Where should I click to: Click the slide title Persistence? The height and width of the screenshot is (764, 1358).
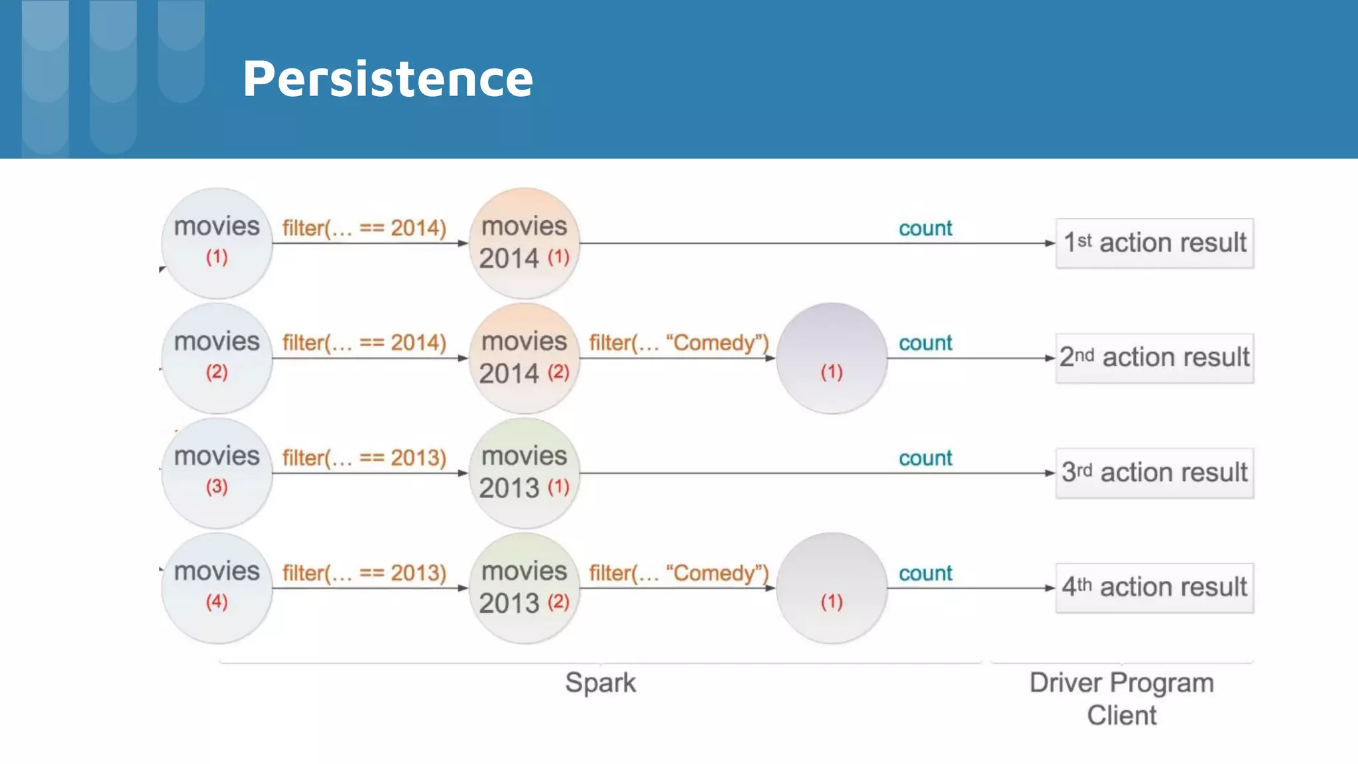point(388,79)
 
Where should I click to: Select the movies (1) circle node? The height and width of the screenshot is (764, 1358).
point(217,243)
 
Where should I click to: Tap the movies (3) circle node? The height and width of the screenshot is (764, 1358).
point(217,473)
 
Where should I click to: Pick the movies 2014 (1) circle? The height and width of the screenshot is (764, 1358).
point(524,243)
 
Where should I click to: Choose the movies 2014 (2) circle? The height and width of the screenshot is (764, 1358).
point(524,358)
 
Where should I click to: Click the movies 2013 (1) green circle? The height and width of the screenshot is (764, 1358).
point(524,473)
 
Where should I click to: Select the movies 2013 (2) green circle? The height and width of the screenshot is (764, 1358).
point(524,588)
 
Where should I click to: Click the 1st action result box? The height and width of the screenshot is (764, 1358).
point(1154,243)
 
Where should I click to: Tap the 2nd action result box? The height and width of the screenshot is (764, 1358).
point(1154,358)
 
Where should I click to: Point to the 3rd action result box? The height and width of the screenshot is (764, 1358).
point(1154,473)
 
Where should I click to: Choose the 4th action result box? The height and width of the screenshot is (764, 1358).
point(1154,588)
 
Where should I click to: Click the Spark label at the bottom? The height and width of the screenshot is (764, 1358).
point(600,682)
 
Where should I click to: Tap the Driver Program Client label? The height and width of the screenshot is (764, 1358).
point(1121,699)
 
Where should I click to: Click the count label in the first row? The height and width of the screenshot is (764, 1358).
point(925,228)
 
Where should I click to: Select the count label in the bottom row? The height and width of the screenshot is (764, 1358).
point(925,573)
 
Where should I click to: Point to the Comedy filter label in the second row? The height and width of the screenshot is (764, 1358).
point(678,343)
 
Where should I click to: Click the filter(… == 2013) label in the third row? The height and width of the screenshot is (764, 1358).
point(364,458)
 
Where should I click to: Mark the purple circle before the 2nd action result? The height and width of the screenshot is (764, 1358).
point(832,358)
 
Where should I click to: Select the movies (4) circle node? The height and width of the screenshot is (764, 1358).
point(217,588)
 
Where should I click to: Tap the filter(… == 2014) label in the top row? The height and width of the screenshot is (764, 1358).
point(364,228)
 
